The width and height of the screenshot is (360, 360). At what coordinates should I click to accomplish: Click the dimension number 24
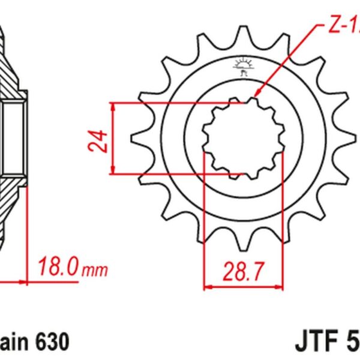click(x=101, y=139)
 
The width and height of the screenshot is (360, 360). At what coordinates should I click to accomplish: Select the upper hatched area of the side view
click(x=12, y=66)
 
